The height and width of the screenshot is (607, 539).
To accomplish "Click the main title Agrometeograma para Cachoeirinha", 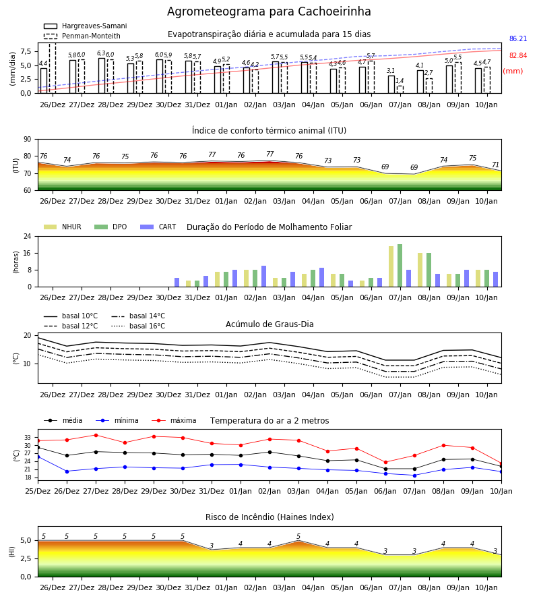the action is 269,11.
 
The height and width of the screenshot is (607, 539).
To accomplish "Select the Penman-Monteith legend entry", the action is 82,36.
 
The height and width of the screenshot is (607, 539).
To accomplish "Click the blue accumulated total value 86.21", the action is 518,38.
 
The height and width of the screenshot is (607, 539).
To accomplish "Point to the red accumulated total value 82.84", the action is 518,55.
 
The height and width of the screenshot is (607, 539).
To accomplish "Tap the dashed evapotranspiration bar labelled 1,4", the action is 400,90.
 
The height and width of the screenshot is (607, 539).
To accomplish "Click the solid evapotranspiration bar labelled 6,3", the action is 102,76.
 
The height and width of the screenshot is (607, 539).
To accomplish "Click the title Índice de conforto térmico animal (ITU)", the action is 269,130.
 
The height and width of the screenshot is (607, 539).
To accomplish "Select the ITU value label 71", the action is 495,165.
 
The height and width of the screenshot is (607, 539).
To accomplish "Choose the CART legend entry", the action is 158,227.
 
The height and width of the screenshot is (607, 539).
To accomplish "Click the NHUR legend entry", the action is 63,227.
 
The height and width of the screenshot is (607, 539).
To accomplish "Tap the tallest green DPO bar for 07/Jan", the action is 400,266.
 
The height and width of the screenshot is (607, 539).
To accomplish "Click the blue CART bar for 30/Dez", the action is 177,282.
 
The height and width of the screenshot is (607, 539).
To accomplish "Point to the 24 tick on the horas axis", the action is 28,236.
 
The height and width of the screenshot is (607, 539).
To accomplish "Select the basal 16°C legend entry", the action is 138,326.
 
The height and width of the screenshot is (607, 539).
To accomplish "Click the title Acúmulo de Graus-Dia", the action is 269,324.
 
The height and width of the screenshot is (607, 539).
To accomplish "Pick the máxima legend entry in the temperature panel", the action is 174,420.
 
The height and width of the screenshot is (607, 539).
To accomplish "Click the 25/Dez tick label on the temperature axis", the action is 38,491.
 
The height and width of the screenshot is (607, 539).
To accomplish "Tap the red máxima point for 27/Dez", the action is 96,435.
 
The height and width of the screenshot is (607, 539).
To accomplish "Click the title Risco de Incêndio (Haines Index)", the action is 269,517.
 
